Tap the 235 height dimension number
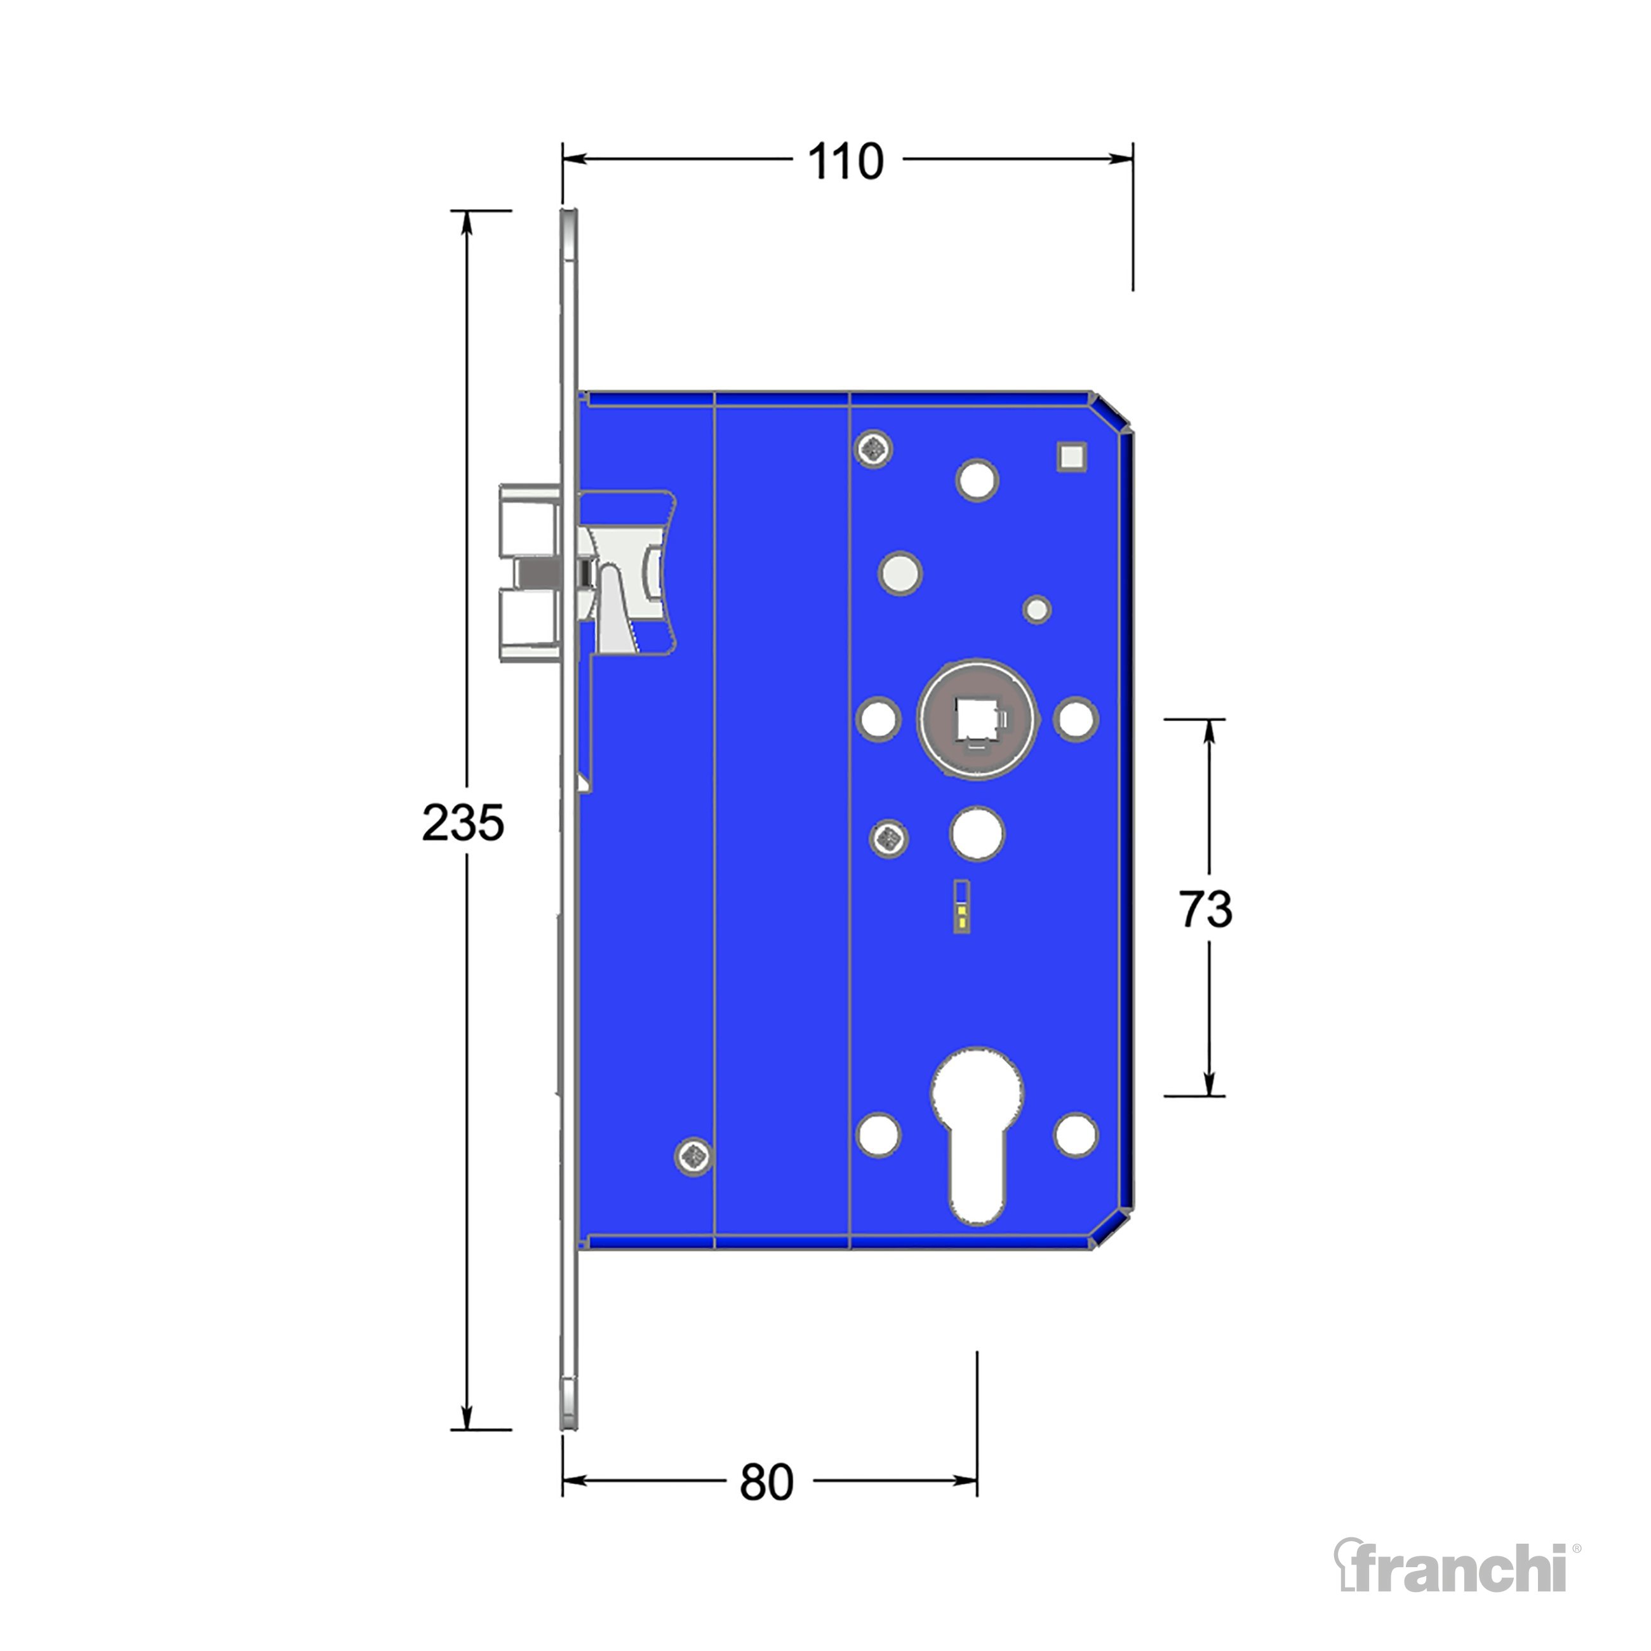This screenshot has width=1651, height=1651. pyautogui.click(x=463, y=824)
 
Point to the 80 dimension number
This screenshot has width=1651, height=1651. pyautogui.click(x=766, y=1483)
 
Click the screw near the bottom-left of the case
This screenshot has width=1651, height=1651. pyautogui.click(x=694, y=1157)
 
